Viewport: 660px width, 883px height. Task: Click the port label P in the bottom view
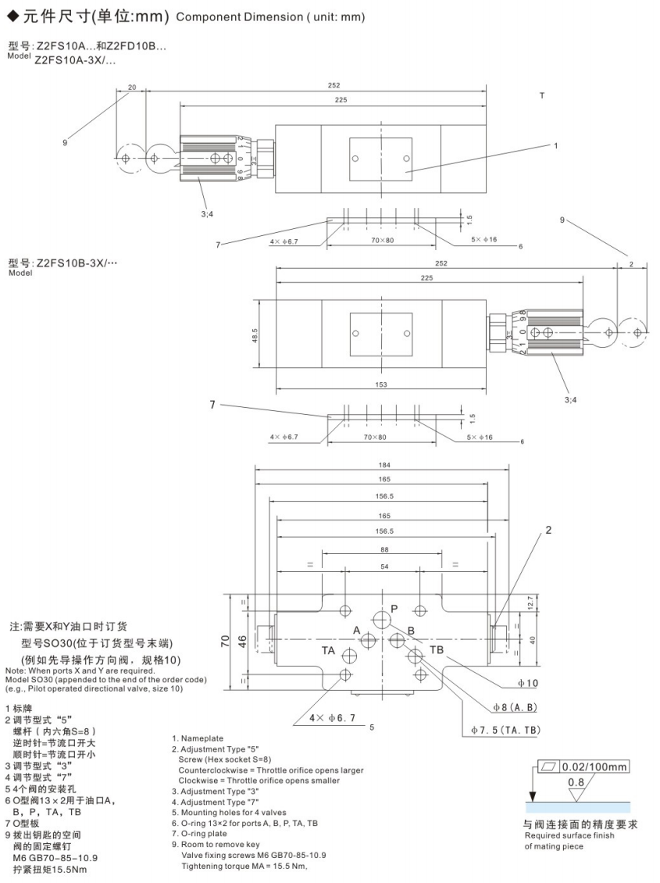tap(394, 608)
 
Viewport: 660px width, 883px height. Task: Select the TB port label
tap(436, 650)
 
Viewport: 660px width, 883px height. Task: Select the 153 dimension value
tap(381, 384)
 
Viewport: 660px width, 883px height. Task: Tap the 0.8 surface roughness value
tap(576, 781)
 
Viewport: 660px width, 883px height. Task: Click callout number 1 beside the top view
tap(555, 145)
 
